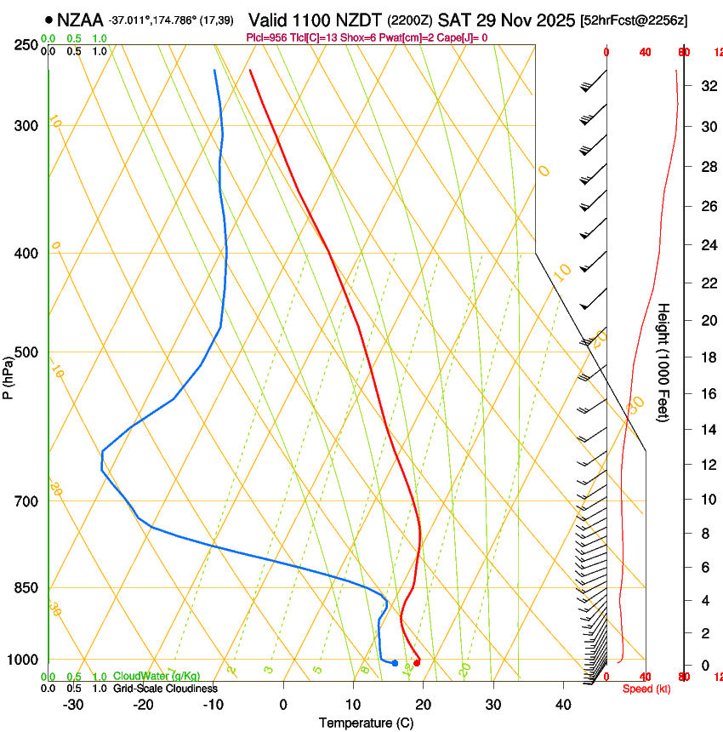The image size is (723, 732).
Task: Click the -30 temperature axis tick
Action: (x=73, y=705)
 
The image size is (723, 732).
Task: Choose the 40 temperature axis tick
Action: (x=562, y=705)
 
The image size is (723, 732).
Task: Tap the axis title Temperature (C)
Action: (x=366, y=723)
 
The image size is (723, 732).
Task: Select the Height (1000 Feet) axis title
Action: (x=664, y=362)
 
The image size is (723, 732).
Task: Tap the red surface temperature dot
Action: (x=416, y=663)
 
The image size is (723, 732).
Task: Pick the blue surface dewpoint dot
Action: (x=395, y=663)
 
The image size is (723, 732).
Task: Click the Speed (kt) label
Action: (x=646, y=689)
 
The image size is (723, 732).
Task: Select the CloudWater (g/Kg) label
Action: (x=157, y=677)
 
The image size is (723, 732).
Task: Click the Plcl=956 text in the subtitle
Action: (x=265, y=37)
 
